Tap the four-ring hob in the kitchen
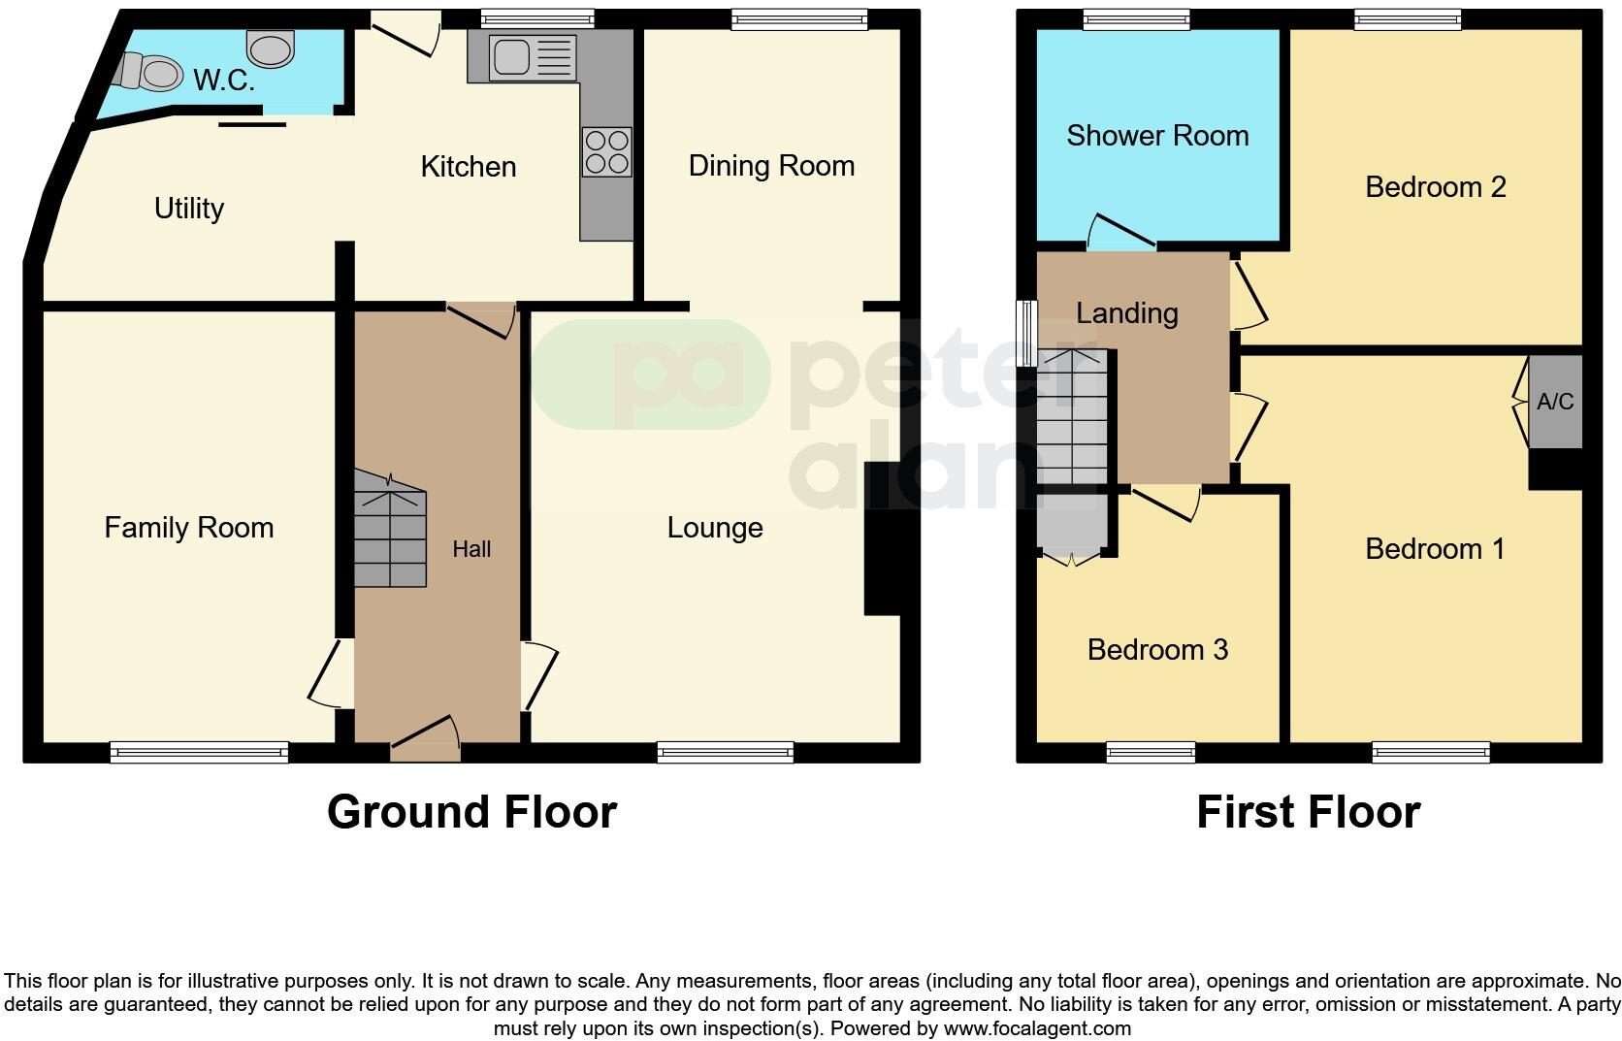point(607,152)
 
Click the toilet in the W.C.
point(153,71)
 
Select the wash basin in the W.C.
point(271,49)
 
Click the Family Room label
point(189,528)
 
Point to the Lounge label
point(715,528)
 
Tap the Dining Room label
point(771,166)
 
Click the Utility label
point(189,209)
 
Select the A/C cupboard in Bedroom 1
point(1555,402)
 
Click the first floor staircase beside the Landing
point(1071,417)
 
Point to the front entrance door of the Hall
point(425,737)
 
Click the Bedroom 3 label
point(1157,649)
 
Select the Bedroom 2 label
point(1435,186)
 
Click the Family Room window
point(199,752)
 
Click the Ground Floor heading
point(471,812)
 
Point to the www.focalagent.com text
point(1037,1028)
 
